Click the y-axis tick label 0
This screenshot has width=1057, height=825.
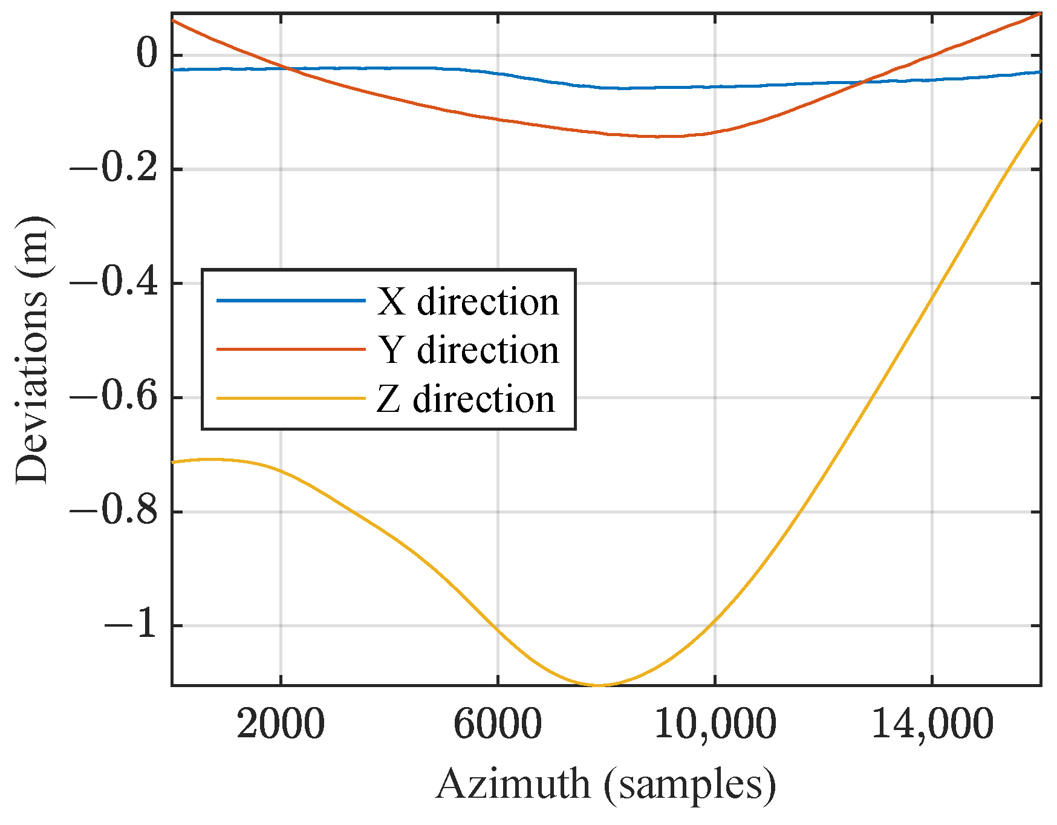coord(147,54)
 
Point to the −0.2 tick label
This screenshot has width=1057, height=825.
coord(114,169)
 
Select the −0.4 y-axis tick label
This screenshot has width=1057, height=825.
coord(114,282)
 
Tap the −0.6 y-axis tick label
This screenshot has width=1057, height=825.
coord(114,397)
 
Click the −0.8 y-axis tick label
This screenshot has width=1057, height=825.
coord(114,511)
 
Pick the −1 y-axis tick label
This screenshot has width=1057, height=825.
coord(131,625)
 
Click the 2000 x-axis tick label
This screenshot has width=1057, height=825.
coord(281,724)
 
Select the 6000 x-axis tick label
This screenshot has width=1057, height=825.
coord(497,724)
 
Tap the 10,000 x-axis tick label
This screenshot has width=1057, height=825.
coord(715,724)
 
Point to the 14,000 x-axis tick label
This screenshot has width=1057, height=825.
coord(932,724)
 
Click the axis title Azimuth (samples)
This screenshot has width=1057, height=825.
coord(605,784)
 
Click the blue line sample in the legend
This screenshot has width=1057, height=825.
coord(291,301)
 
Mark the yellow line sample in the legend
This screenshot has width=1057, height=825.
coord(291,399)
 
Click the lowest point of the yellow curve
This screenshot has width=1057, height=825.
coord(597,685)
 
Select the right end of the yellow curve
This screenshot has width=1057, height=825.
coord(1040,121)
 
